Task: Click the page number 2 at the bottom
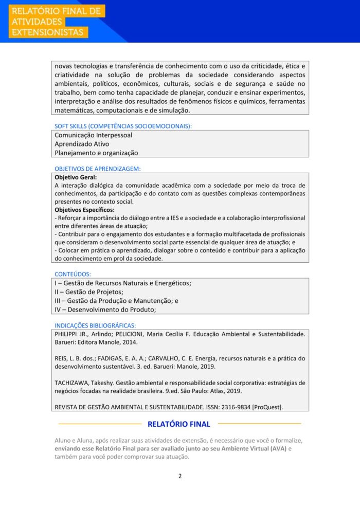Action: pos(180,476)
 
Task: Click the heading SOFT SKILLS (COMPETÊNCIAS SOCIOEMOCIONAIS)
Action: pos(123,126)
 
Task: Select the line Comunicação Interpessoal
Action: pos(93,135)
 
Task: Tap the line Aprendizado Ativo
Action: pos(82,144)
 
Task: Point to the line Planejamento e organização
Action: pos(96,153)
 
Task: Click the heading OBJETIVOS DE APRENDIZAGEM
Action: pos(98,169)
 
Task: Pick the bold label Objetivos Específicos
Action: pos(84,210)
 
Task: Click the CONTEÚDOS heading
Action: pos(73,274)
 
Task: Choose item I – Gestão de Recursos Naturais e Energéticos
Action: pos(123,283)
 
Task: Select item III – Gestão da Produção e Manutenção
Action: pos(116,301)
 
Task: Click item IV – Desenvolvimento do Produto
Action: pos(105,310)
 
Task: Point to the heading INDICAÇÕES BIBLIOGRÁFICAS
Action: pos(95,325)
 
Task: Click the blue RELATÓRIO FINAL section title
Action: pos(179,424)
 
